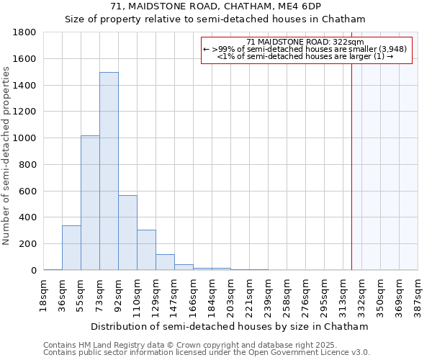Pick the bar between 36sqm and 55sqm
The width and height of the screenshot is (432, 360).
coord(71,248)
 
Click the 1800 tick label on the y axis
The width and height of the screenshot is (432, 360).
coord(24,32)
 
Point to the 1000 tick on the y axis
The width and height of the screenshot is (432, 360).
coord(24,138)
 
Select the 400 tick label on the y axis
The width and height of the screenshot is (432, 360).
coord(27,217)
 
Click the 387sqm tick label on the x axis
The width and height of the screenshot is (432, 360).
coord(418,295)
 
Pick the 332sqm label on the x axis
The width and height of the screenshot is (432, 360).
coord(362,295)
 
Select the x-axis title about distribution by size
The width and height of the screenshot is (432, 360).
coord(230,326)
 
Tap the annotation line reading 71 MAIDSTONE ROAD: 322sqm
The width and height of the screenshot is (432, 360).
coord(305,42)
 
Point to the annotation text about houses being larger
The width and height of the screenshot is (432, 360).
coord(305,56)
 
